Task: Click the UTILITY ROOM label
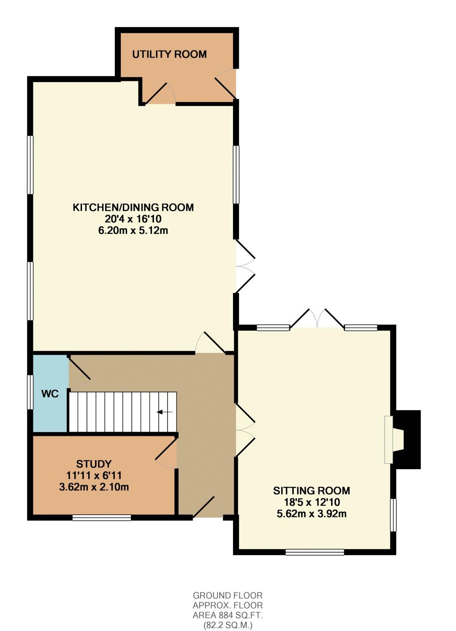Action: coord(169,54)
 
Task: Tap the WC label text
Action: coord(50,394)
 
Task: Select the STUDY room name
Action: coord(94,464)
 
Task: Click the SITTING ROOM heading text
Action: coord(312,491)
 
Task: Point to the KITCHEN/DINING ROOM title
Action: coord(133,207)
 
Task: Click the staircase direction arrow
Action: coord(165,412)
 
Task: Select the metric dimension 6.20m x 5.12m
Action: coord(133,231)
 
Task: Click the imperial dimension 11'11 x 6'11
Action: coord(94,475)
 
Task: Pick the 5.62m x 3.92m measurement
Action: coord(312,514)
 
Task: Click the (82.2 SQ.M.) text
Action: coord(228,623)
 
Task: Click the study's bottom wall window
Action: coord(102,518)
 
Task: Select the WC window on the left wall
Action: coord(30,392)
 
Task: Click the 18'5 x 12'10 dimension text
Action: coord(312,502)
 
